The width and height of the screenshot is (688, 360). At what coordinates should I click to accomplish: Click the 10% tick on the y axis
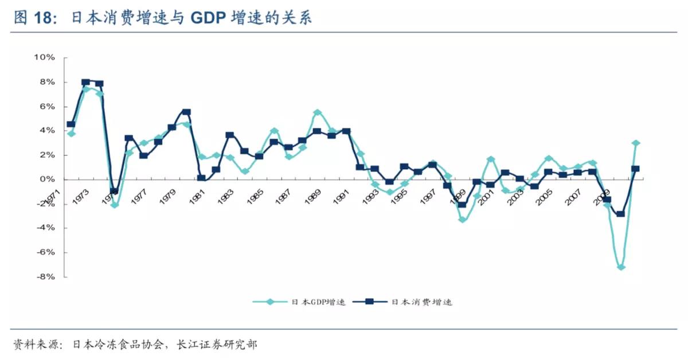click(44, 57)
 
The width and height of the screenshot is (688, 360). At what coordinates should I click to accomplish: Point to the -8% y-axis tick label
click(44, 277)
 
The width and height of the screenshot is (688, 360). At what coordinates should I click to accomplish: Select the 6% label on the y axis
click(46, 107)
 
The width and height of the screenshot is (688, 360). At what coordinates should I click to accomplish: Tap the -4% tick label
click(44, 228)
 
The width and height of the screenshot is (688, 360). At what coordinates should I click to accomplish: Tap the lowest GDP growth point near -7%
click(620, 267)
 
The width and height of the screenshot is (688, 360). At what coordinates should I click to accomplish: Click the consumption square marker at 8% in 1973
click(85, 83)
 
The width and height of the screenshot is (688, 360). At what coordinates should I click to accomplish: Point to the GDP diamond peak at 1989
click(318, 112)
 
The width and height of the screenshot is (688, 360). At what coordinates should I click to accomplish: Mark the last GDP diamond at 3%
click(636, 143)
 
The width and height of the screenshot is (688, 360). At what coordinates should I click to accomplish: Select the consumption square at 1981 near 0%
click(201, 178)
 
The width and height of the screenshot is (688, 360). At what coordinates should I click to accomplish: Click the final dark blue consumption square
click(635, 169)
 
